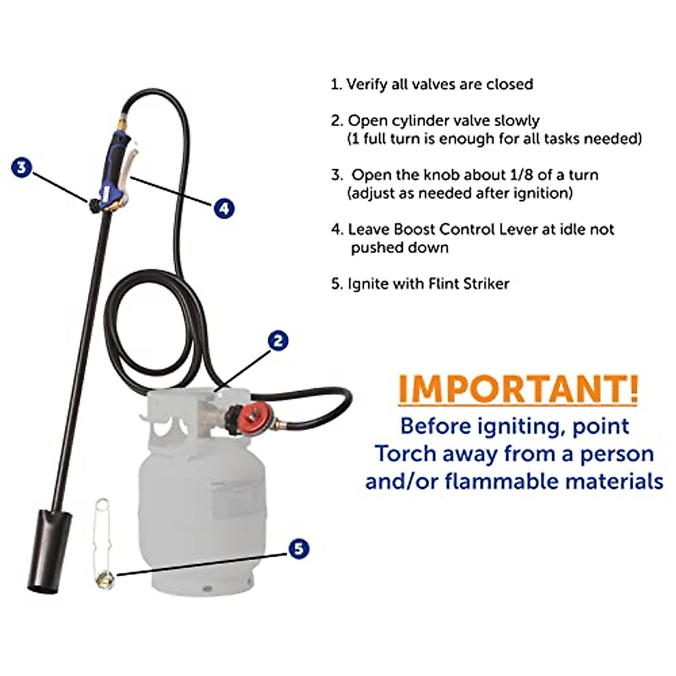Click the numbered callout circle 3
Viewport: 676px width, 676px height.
coord(21,167)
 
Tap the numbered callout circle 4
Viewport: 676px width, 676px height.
coord(224,208)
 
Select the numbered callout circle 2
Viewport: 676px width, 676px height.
coord(277,340)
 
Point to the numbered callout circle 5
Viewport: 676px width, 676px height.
coord(299,549)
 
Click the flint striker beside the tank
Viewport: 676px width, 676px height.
coord(103,541)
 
